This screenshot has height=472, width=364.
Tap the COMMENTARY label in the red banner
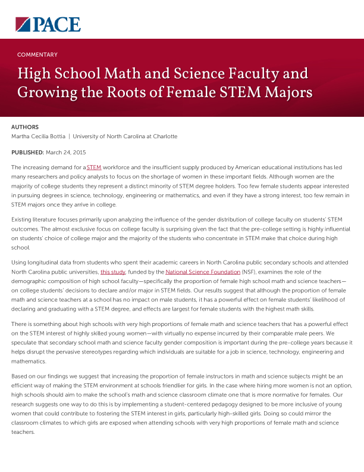pyautogui.click(x=37, y=54)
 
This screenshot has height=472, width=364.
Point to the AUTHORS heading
pyautogui.click(x=25, y=127)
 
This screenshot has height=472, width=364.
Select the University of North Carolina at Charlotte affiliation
pyautogui.click(x=125, y=136)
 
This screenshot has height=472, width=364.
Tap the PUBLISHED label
pyautogui.click(x=27, y=153)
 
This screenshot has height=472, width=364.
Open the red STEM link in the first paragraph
pyautogui.click(x=94, y=168)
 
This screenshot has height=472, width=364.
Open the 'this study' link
pyautogui.click(x=112, y=272)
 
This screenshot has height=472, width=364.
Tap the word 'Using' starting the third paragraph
pyautogui.click(x=19, y=263)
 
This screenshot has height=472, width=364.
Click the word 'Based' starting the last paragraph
pyautogui.click(x=20, y=377)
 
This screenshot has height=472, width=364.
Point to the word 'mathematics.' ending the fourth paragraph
pyautogui.click(x=27, y=361)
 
